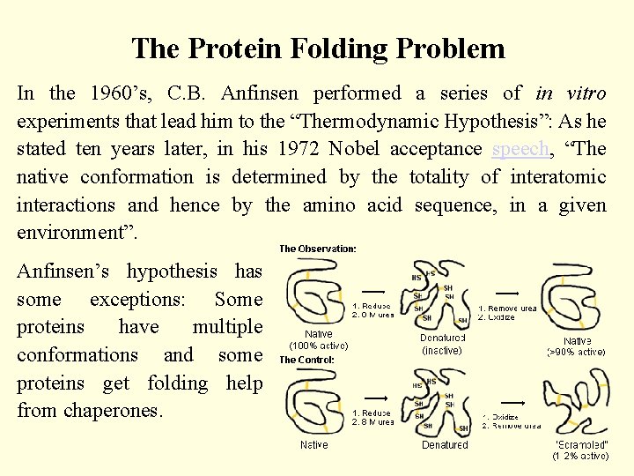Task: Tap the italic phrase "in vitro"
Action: point(571,93)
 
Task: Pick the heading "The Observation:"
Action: point(318,249)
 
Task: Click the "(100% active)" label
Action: point(319,346)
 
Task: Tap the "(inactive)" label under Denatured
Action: point(442,351)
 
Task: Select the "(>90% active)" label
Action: point(577,352)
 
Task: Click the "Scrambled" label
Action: point(581,444)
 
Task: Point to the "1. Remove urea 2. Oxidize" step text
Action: point(507,312)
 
